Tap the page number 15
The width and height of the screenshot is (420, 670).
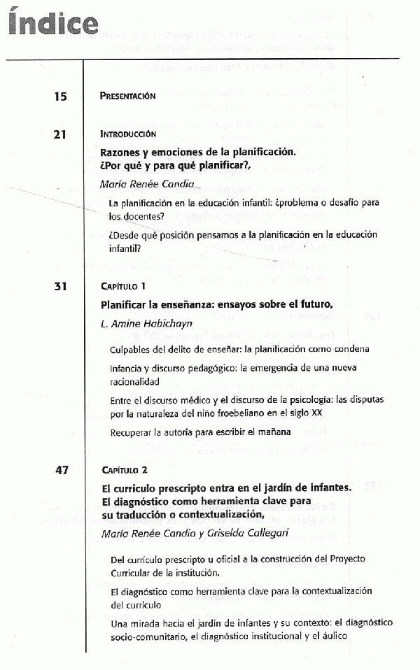60,97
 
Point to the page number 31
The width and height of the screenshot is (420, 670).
60,286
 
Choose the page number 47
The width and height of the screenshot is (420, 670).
60,470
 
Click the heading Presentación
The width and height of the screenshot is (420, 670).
128,97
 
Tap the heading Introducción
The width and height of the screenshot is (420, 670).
128,134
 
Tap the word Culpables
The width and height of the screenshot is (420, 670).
133,348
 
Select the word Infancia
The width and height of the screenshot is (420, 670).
129,369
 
